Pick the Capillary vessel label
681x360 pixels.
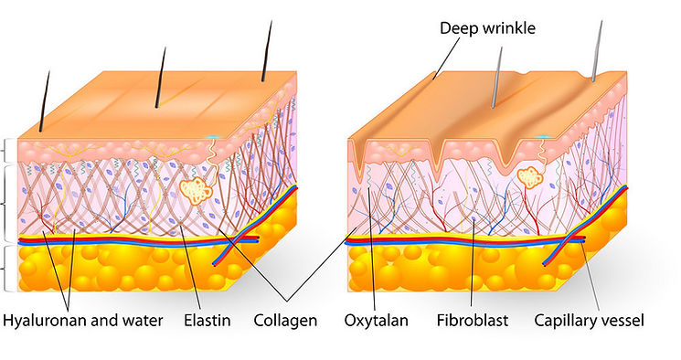(x=589, y=321)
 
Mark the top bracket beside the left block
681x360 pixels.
(x=5, y=151)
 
